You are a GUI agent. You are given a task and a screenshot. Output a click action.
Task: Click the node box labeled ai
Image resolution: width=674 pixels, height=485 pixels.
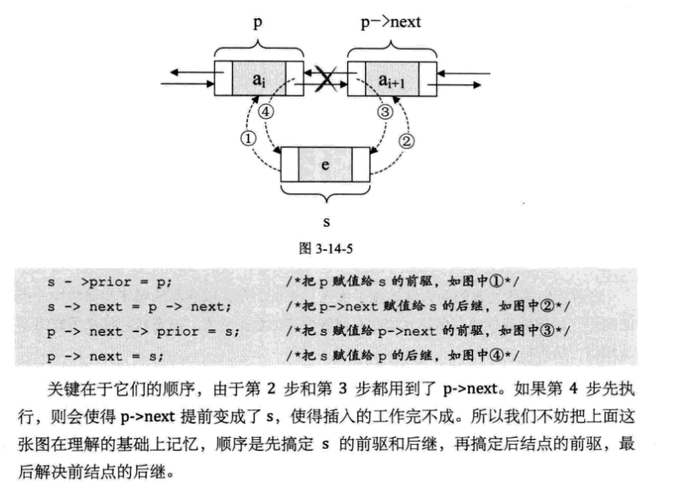tap(257, 79)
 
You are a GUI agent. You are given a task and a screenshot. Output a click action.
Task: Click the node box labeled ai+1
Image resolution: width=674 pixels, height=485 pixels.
tap(390, 79)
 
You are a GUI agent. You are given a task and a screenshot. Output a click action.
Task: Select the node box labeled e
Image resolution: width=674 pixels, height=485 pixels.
tap(325, 164)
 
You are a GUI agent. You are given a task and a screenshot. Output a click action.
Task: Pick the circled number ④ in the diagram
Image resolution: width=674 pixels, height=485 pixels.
tap(266, 112)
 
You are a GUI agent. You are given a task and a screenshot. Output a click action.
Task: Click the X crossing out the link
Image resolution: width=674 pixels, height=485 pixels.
tap(324, 79)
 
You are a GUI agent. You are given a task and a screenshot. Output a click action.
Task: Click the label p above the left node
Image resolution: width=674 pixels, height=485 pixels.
tap(257, 22)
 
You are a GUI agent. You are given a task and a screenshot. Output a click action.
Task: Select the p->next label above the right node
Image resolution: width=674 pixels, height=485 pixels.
tap(391, 22)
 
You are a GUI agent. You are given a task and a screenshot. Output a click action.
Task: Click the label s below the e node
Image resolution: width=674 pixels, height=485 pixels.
tap(325, 220)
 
